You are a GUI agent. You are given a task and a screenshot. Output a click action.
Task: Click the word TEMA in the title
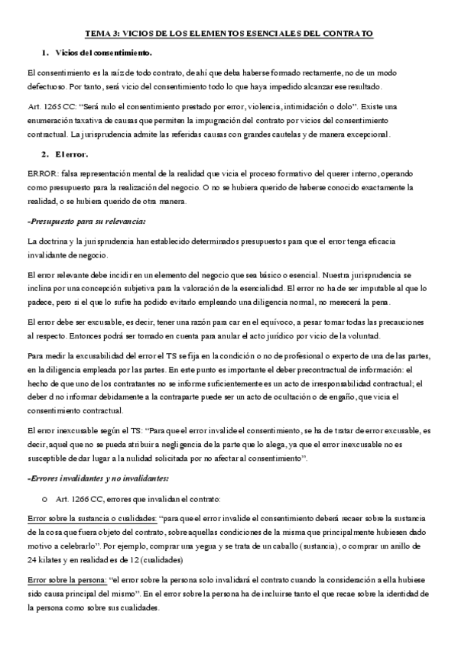click(96, 34)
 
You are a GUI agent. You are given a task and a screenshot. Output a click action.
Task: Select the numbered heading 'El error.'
click(71, 154)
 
